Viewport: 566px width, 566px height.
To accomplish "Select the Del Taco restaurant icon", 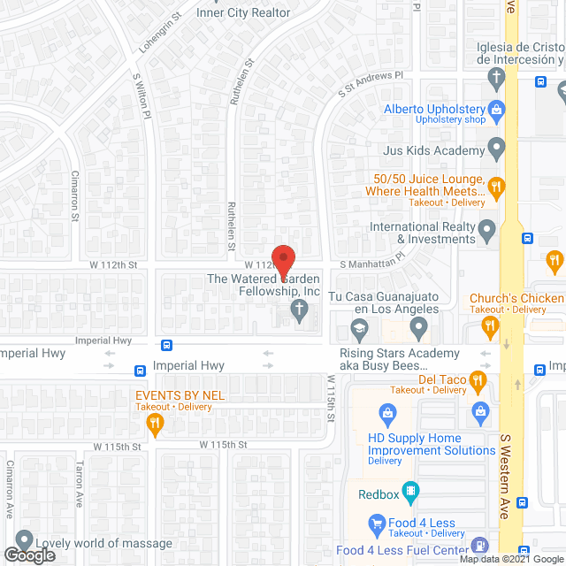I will point(478,382).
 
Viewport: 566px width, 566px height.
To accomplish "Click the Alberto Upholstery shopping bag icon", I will point(497,111).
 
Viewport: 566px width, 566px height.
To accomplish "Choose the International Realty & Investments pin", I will point(486,232).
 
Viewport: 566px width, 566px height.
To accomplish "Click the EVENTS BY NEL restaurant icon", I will point(156,425).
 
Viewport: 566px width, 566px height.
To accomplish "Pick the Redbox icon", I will point(410,492).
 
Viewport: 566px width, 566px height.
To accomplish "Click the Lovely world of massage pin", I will point(23,539).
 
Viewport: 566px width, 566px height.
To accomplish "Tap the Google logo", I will point(29,555).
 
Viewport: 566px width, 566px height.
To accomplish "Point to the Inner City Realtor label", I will point(243,12).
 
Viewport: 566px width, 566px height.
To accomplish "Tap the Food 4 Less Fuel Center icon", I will point(479,547).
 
